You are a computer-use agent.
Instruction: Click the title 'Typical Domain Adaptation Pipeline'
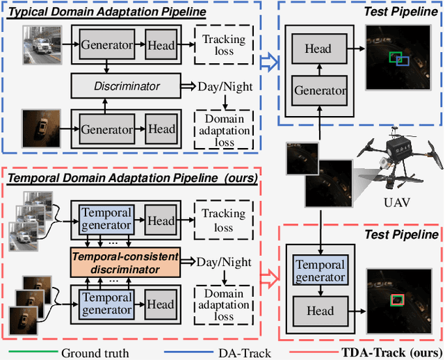coord(97,13)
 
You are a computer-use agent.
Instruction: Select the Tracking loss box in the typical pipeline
coord(224,46)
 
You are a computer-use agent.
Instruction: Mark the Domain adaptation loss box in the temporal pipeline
coord(224,303)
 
